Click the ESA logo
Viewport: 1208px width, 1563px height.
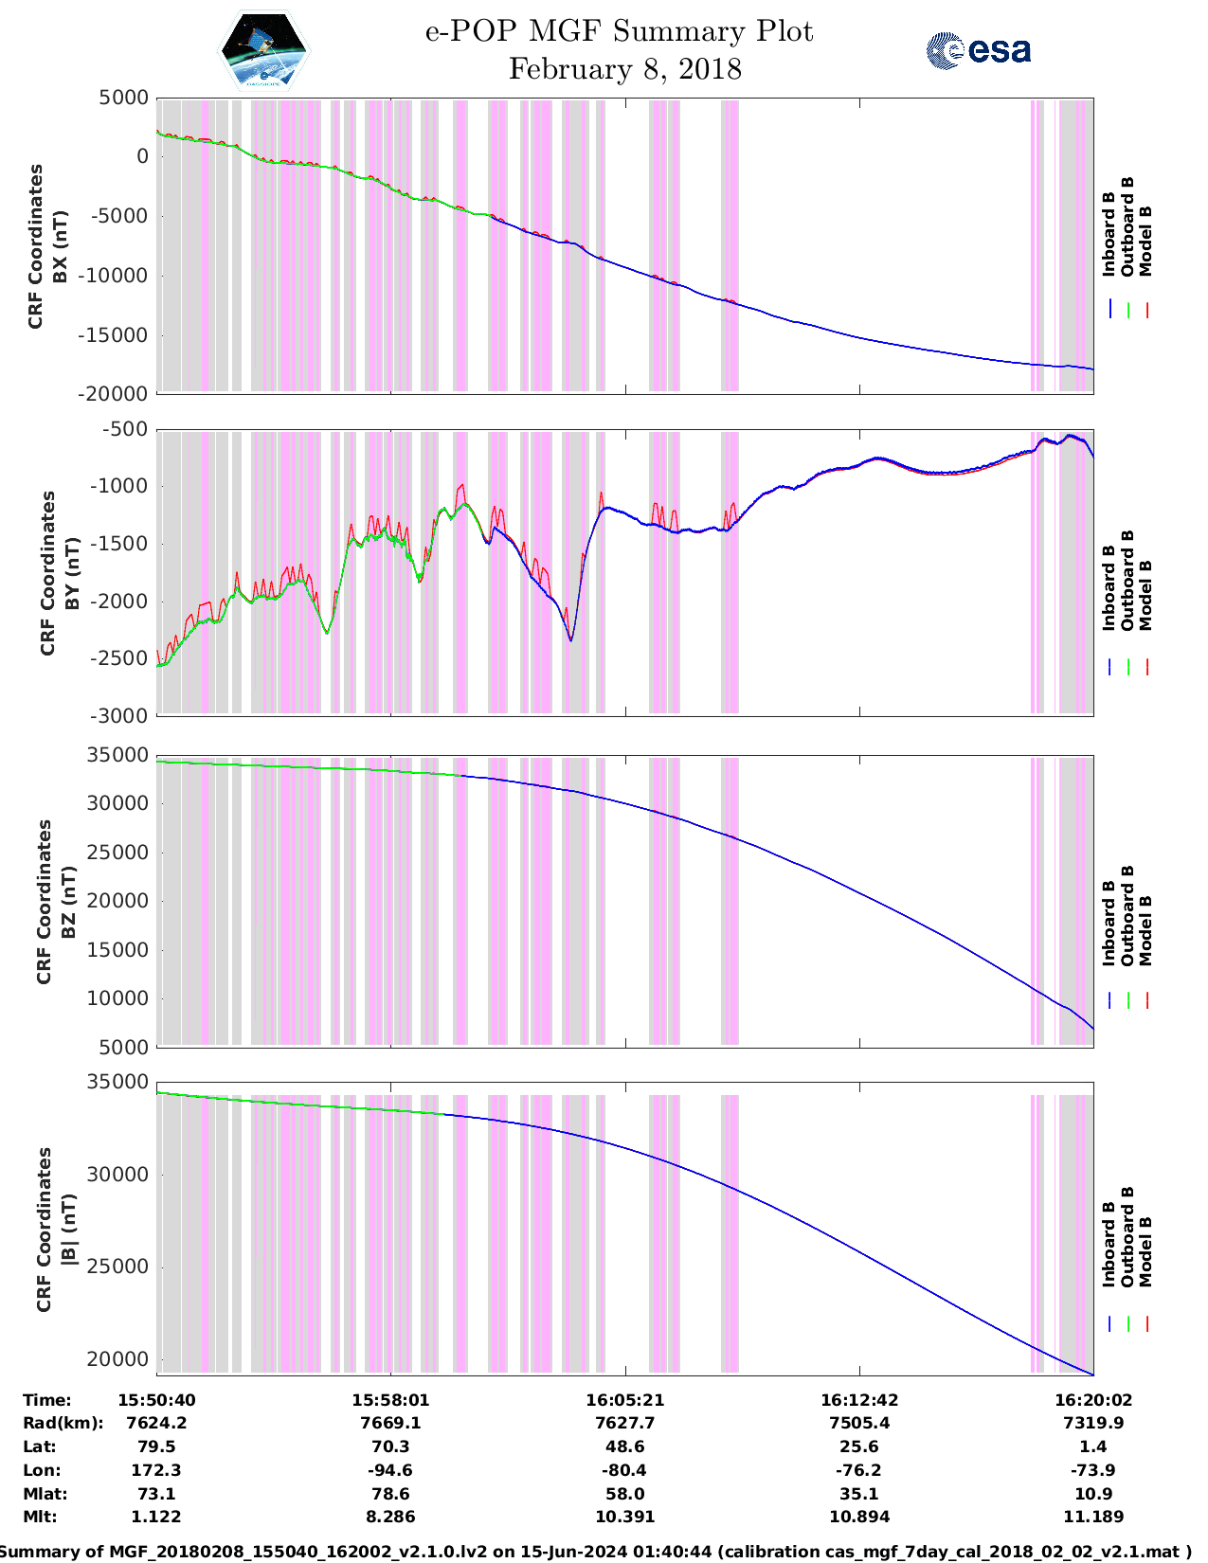click(x=979, y=50)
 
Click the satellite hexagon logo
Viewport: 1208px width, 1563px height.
click(x=263, y=50)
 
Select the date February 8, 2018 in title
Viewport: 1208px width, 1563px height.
click(x=624, y=69)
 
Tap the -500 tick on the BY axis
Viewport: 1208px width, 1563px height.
click(x=129, y=429)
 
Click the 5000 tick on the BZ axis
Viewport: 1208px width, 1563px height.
click(x=125, y=1047)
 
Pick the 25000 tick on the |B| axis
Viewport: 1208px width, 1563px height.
click(x=119, y=1267)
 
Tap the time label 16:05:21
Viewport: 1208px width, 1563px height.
click(x=624, y=1399)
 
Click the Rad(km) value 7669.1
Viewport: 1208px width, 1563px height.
click(x=390, y=1423)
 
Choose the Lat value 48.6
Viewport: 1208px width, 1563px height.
click(x=624, y=1446)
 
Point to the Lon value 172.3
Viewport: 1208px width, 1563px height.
click(x=156, y=1470)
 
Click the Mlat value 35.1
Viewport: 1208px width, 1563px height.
click(x=859, y=1494)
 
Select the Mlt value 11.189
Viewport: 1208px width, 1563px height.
click(x=1093, y=1517)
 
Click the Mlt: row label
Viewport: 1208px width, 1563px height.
click(x=40, y=1517)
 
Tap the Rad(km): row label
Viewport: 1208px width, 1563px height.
click(x=63, y=1423)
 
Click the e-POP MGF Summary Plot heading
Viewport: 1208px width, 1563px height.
click(x=619, y=31)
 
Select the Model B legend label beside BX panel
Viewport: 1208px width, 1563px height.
click(x=1145, y=241)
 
